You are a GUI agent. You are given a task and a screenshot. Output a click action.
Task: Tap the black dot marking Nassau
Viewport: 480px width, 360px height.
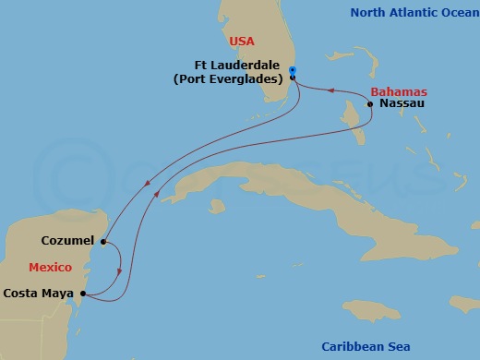click(370, 105)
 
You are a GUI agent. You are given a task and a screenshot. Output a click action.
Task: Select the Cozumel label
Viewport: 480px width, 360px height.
click(68, 241)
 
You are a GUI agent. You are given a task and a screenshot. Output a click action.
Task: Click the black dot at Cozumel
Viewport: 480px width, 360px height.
click(103, 242)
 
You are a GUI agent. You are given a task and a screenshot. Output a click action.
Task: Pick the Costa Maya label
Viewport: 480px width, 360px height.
click(39, 294)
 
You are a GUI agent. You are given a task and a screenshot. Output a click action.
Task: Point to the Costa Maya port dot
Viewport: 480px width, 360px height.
click(84, 294)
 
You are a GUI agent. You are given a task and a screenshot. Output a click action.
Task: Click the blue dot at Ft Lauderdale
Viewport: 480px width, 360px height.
click(292, 70)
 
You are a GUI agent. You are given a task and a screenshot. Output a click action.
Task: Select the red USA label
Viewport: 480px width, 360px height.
click(241, 42)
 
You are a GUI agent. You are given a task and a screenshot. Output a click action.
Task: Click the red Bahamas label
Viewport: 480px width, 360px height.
click(399, 92)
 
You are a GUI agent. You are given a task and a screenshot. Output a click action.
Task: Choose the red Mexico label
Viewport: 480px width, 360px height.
click(50, 268)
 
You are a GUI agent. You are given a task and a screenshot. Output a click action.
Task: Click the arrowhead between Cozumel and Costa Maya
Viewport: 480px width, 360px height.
click(119, 272)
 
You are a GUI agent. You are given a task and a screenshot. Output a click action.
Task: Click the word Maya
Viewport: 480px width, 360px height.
click(57, 294)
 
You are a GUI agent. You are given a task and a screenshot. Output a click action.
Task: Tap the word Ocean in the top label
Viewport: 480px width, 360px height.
click(451, 12)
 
